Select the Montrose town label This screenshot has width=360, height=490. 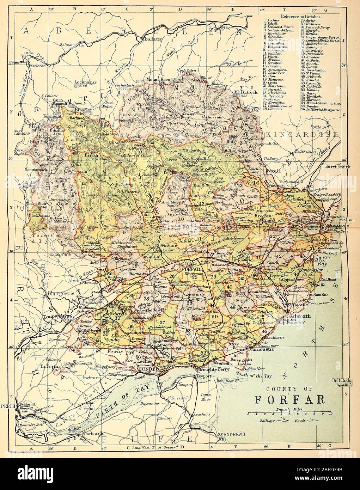(337, 225)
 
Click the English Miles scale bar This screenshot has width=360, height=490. (289, 412)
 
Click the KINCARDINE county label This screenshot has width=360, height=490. (300, 135)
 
